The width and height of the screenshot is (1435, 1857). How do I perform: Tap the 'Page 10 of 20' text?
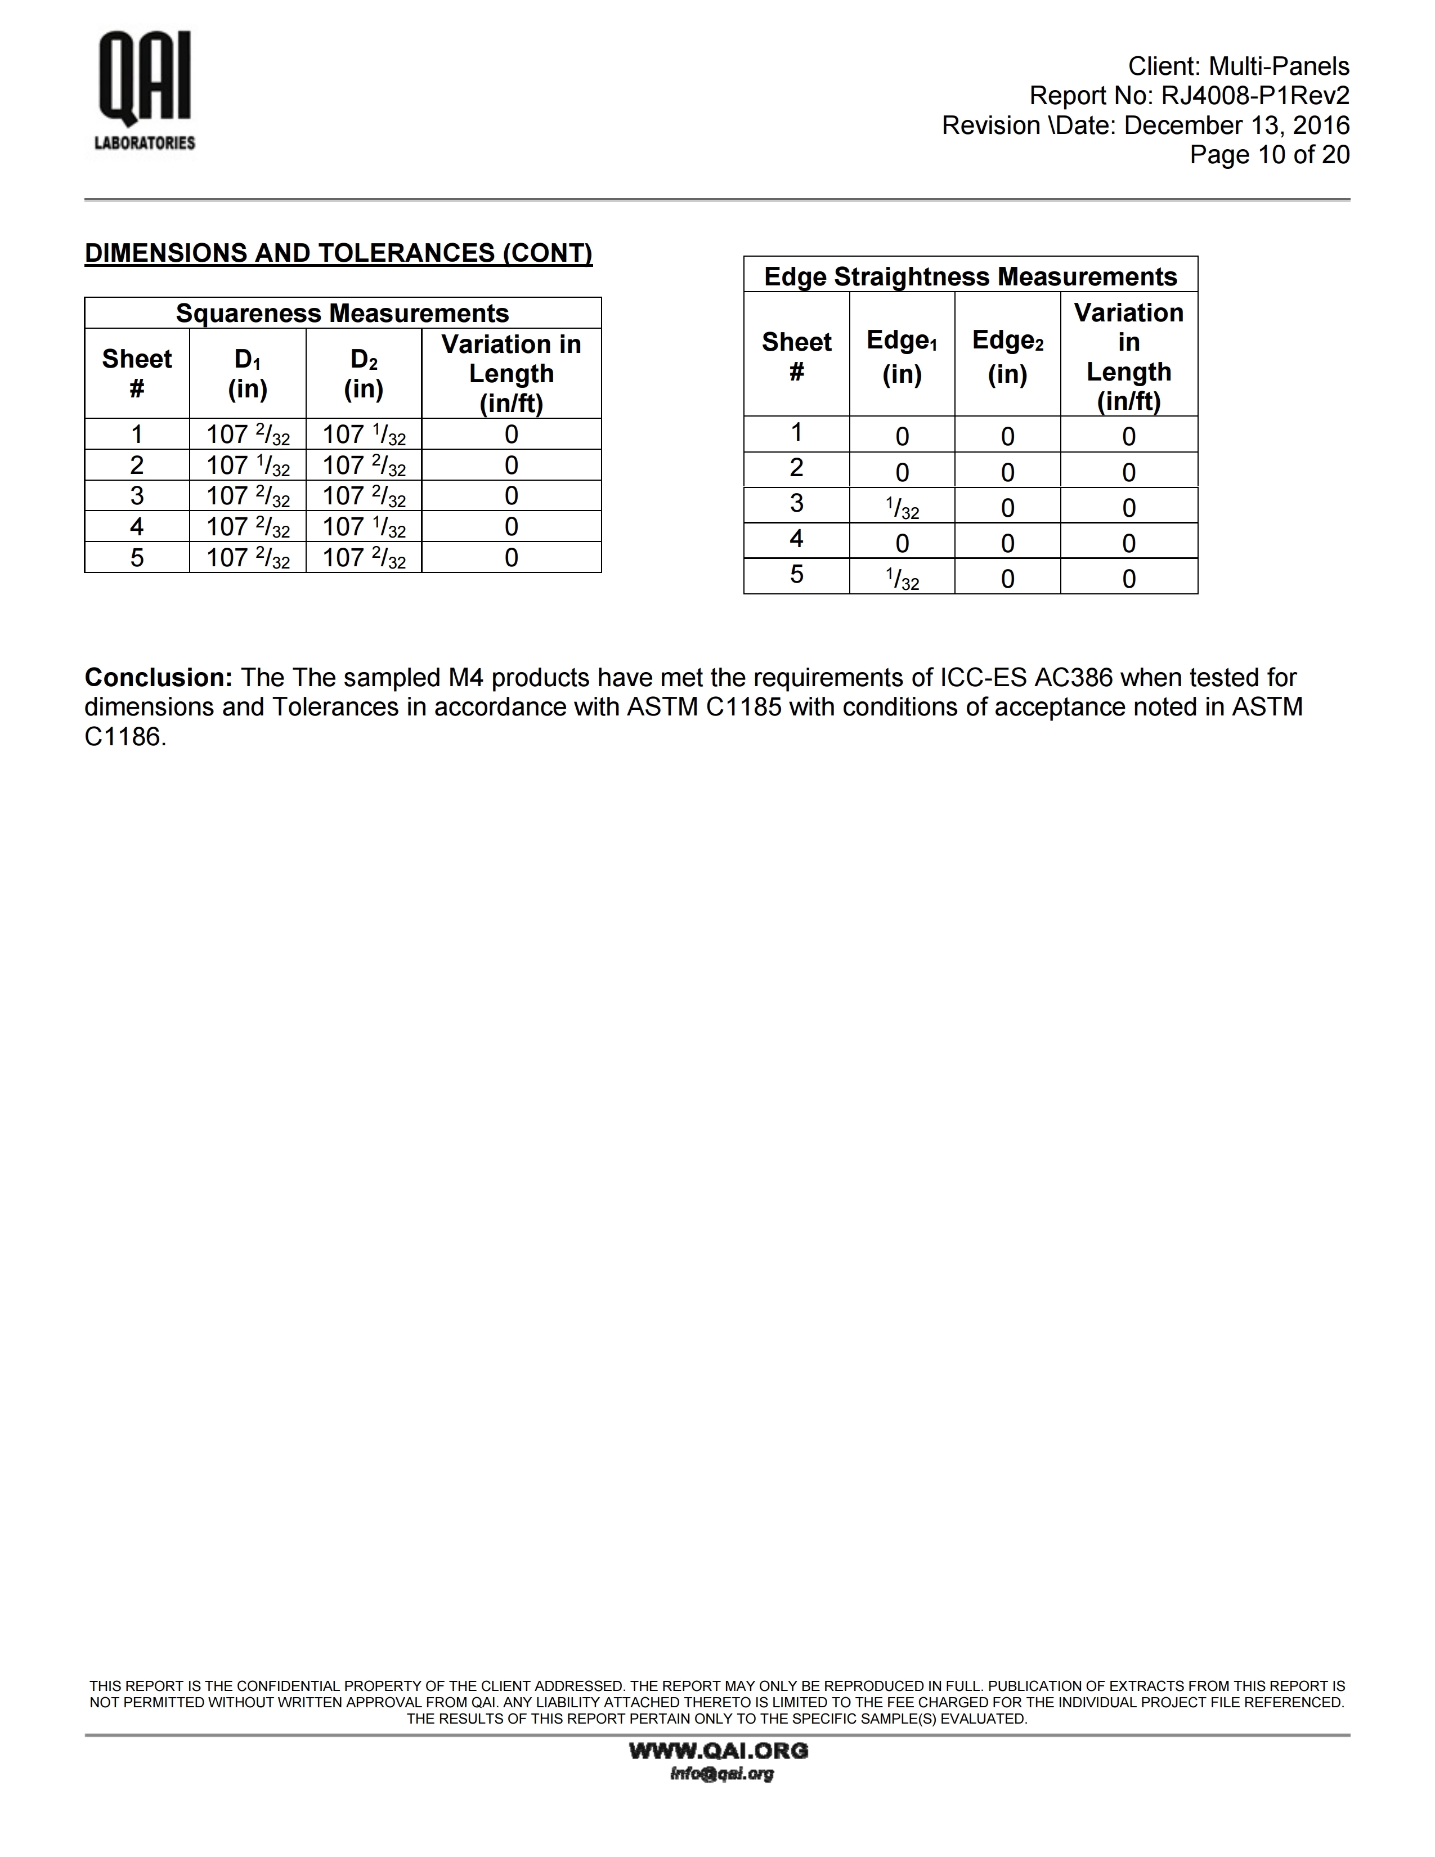[1269, 155]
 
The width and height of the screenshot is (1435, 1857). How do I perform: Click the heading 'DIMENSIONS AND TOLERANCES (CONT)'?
[338, 253]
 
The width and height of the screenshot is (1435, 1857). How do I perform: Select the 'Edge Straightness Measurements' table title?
[970, 276]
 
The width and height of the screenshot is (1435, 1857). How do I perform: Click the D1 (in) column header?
[248, 373]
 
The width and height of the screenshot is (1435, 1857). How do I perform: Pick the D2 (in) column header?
[364, 373]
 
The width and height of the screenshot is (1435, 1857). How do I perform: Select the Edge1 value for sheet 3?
[902, 508]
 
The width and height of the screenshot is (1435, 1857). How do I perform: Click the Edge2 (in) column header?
[1007, 356]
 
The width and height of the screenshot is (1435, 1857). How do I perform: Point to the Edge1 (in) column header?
[902, 356]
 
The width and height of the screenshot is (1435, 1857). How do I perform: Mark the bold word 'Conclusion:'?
[158, 678]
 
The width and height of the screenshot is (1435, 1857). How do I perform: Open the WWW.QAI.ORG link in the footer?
[719, 1750]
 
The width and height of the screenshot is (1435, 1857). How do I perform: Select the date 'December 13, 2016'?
[1236, 126]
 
